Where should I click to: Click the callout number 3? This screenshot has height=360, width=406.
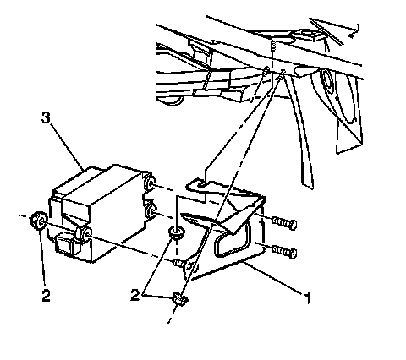point(46,117)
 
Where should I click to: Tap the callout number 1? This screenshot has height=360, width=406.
point(308,298)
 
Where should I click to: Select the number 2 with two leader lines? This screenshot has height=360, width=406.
point(135,295)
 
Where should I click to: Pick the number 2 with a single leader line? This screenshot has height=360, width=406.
point(46,296)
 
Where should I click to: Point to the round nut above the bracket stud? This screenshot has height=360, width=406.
point(176,233)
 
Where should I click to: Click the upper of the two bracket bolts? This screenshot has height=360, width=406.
point(284,223)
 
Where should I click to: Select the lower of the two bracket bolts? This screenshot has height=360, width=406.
point(284,251)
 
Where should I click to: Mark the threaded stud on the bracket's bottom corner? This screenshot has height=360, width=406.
point(179,264)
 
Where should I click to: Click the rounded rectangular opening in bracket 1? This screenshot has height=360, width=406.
point(233,239)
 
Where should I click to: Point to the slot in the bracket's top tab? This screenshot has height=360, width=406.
point(203,184)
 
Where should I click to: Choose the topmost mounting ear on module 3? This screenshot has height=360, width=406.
point(149,183)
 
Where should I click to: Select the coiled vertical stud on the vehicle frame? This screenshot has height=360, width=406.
point(272,46)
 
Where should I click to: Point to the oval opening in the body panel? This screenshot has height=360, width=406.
point(327,78)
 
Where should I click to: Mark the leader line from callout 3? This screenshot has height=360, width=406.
point(68,147)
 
